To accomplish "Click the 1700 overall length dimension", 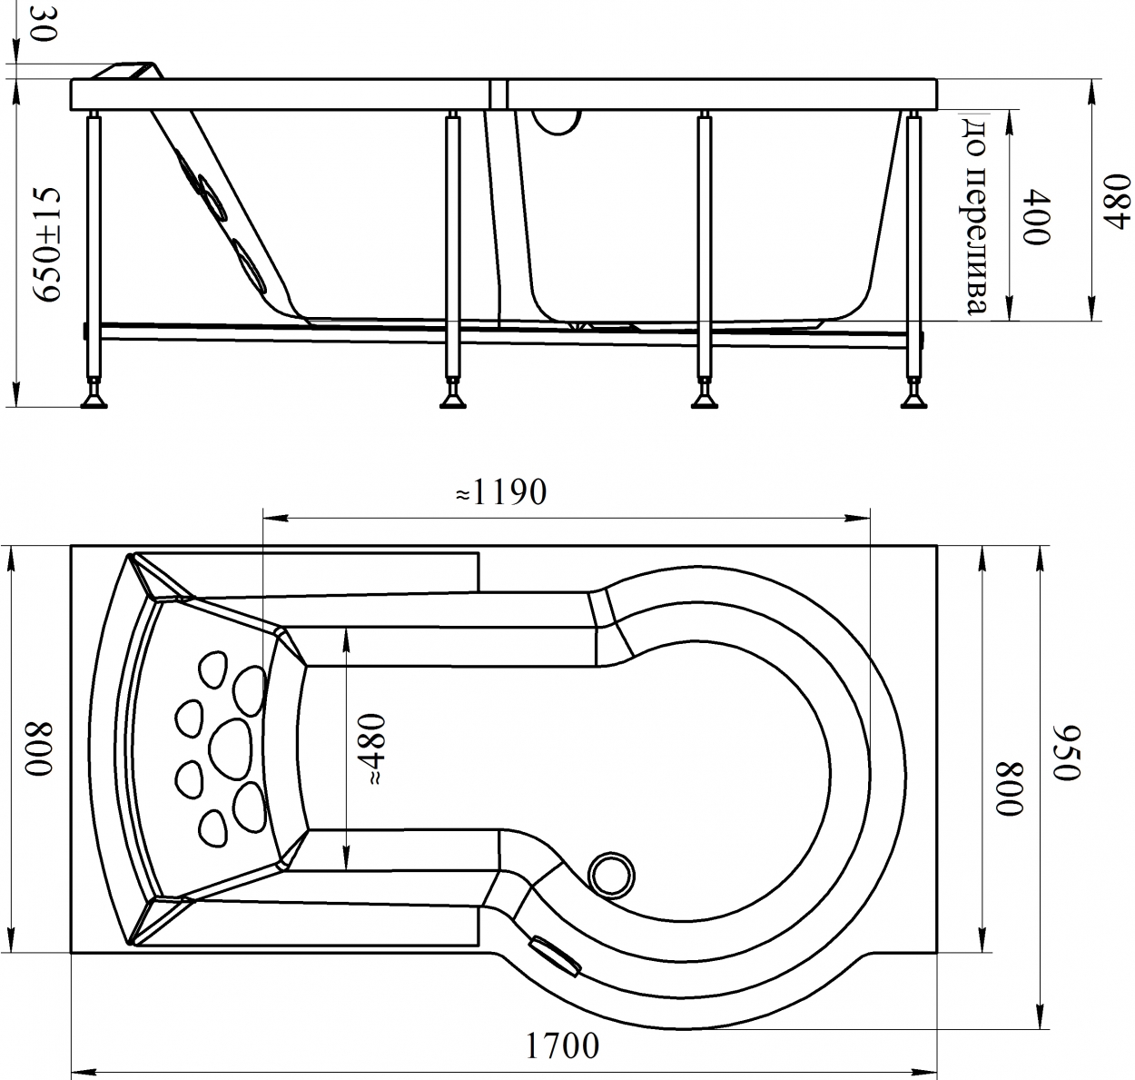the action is [562, 1045].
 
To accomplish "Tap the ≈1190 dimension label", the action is [500, 492].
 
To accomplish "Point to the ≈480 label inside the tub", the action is [370, 748].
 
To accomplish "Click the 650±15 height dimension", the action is [46, 243].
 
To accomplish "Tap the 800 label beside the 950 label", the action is [1009, 788].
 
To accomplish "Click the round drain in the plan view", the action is [611, 875].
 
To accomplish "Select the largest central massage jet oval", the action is [231, 748].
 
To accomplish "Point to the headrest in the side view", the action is [128, 71].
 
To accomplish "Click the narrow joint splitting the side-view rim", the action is [497, 94].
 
